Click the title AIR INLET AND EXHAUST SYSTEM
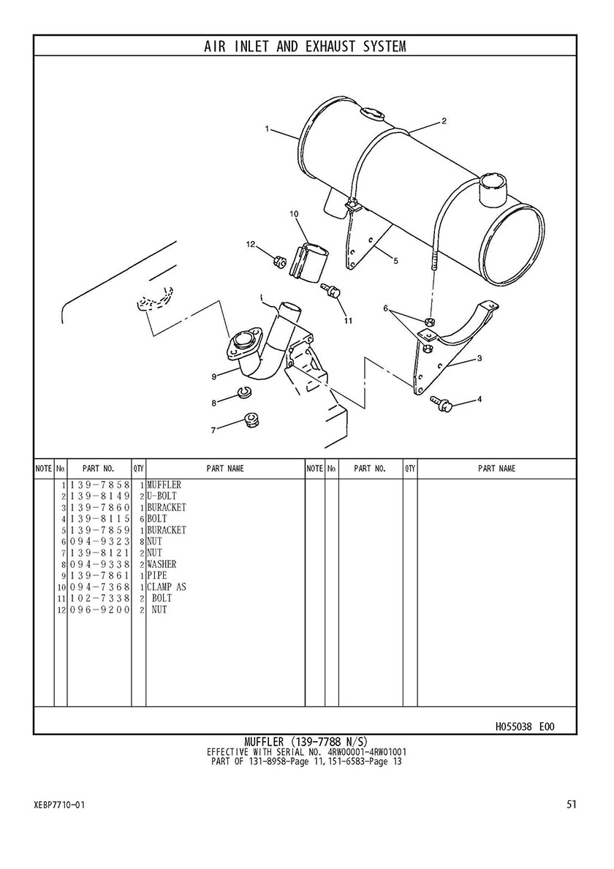(x=305, y=46)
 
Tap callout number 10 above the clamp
(x=294, y=213)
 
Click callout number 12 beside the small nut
(x=251, y=244)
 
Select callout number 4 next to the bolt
(x=480, y=398)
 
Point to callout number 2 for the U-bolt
(x=444, y=121)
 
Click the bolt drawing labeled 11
(x=331, y=290)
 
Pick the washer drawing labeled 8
(x=242, y=393)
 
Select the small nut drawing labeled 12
(x=280, y=260)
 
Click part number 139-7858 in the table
(x=99, y=485)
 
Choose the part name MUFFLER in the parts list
(x=164, y=485)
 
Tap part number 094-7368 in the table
(x=99, y=587)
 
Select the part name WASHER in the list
(x=162, y=564)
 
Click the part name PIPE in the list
(x=157, y=575)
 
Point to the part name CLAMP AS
(x=167, y=587)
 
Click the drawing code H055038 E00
(x=524, y=726)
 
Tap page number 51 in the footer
(x=572, y=804)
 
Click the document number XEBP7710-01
(x=59, y=805)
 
